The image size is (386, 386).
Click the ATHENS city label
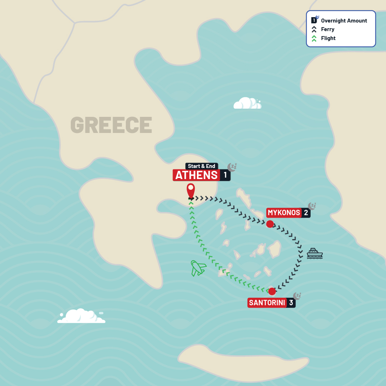(197, 175)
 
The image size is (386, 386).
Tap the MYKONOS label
(284, 213)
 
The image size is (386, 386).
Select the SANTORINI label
(267, 303)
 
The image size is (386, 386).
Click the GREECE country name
(111, 125)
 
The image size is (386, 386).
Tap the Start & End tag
(202, 166)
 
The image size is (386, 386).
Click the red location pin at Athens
(191, 190)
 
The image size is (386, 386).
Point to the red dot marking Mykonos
(270, 224)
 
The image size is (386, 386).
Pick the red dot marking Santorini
(272, 291)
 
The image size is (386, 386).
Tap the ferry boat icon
(315, 253)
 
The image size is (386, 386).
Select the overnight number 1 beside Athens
(225, 175)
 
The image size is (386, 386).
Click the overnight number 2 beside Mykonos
(306, 213)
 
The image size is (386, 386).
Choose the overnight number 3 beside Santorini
(291, 303)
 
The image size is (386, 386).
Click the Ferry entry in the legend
(327, 29)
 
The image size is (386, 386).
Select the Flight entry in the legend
(328, 38)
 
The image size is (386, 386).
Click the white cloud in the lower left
(81, 316)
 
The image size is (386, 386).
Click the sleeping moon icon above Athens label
(232, 167)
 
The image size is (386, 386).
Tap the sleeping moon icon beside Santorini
(297, 296)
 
